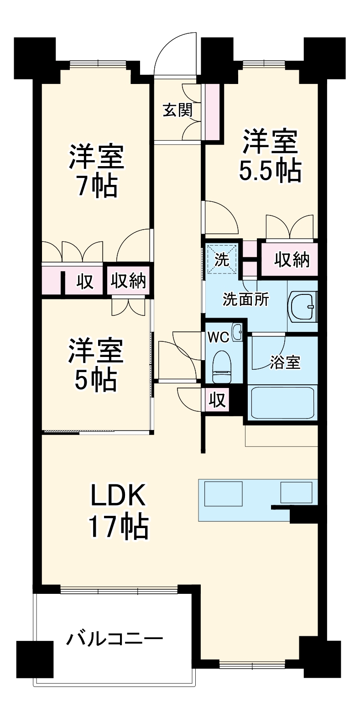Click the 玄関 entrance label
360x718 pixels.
[x=178, y=110]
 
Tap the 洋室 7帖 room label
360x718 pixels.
[x=96, y=172]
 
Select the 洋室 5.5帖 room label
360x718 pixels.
[x=271, y=156]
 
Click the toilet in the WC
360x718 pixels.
[x=222, y=367]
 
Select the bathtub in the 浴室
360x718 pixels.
[x=282, y=403]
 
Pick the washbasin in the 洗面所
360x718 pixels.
[x=303, y=306]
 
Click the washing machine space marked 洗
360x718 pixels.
[x=222, y=259]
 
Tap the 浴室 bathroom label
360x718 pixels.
[x=285, y=362]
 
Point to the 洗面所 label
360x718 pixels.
[x=246, y=300]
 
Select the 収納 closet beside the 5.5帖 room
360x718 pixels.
[x=290, y=259]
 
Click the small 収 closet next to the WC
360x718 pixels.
[x=218, y=400]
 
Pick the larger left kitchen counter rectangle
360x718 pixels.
[x=223, y=493]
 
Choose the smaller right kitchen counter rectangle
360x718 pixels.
[x=296, y=493]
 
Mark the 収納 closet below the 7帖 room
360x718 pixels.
[x=128, y=281]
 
